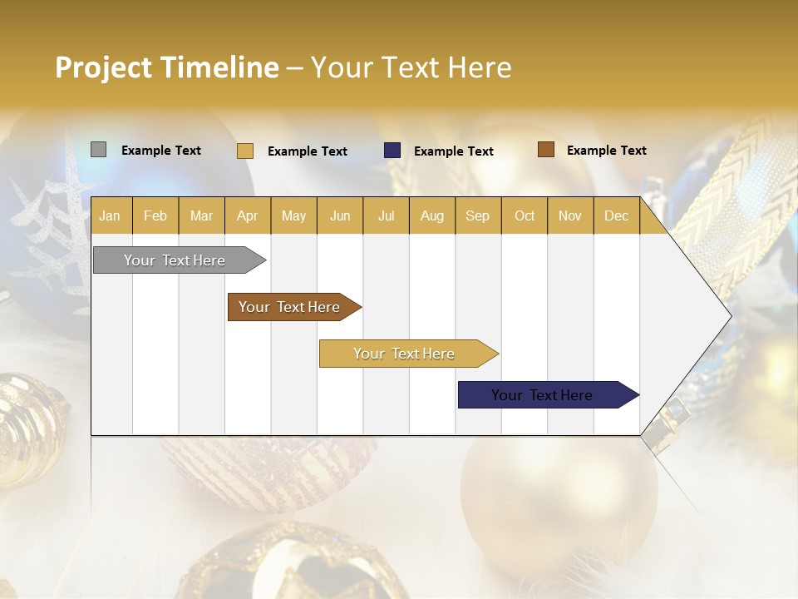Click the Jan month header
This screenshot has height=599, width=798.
[110, 216]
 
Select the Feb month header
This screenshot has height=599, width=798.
[155, 216]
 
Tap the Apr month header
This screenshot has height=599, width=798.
[247, 216]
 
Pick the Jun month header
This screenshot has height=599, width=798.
[340, 216]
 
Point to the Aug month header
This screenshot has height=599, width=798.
[431, 216]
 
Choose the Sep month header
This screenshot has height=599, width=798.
[477, 216]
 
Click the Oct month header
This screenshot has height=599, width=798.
[525, 216]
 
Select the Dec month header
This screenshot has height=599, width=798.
[616, 216]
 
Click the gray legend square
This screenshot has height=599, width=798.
[98, 150]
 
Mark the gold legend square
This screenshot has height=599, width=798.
[244, 151]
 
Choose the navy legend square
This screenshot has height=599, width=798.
[392, 151]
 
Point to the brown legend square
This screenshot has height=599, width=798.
[545, 150]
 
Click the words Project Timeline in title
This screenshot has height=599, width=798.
[166, 67]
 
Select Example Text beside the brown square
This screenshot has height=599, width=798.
[606, 151]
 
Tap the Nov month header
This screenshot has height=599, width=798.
[569, 216]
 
